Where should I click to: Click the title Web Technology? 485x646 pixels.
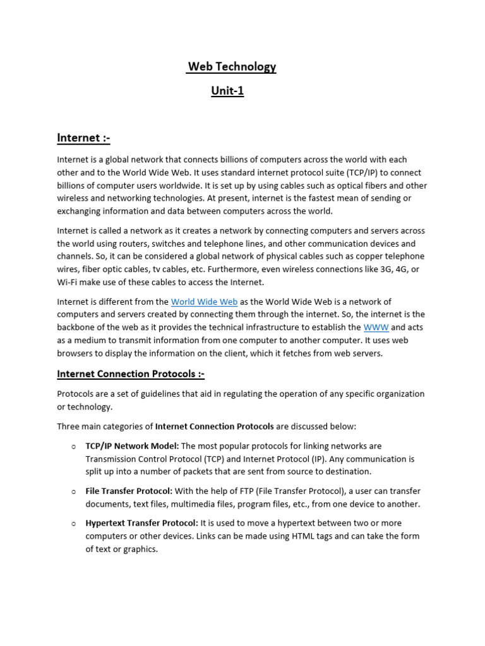(232, 67)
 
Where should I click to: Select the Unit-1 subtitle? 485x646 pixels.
(227, 91)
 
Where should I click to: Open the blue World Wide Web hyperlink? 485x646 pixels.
(204, 302)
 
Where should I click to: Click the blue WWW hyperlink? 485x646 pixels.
(376, 327)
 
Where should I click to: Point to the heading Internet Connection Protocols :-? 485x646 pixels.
(131, 374)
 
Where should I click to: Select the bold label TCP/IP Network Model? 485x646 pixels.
(132, 446)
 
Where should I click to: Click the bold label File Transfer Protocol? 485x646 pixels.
(129, 491)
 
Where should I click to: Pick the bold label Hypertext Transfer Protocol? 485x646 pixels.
(141, 523)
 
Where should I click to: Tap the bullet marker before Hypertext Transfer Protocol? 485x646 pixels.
(73, 524)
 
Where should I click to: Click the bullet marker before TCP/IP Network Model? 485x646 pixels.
(73, 447)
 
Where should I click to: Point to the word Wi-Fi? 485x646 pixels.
(68, 282)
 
